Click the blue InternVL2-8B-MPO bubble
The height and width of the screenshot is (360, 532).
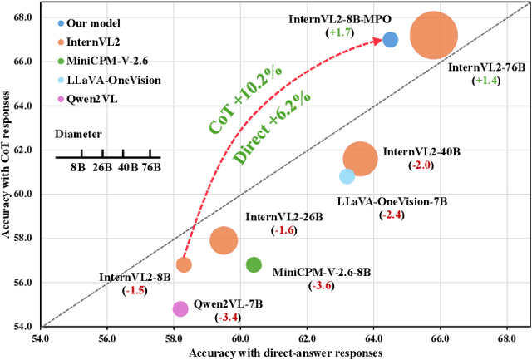pos(390,39)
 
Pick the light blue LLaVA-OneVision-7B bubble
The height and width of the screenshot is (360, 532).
pos(347,175)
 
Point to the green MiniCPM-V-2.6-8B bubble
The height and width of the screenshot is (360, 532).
pos(254,264)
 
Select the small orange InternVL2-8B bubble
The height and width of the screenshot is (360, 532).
pos(184,264)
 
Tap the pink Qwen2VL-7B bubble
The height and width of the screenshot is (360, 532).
pos(180,308)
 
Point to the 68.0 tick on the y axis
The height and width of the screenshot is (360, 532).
pos(23,17)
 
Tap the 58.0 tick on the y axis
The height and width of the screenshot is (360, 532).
pos(23,238)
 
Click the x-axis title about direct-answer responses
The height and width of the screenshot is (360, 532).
pos(285,352)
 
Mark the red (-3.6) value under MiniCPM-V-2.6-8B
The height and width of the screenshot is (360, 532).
pos(320,285)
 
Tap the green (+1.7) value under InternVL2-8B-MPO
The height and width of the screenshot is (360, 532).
pos(341,32)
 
